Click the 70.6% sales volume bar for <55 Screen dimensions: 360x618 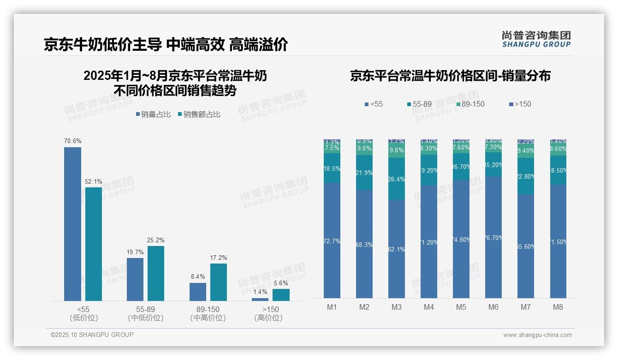(x=72, y=224)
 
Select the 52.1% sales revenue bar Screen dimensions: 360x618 (x=94, y=244)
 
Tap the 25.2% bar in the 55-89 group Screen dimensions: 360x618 (x=156, y=273)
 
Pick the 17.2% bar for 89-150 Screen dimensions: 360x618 (x=219, y=282)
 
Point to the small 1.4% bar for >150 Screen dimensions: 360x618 (x=260, y=300)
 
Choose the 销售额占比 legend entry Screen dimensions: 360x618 (x=199, y=114)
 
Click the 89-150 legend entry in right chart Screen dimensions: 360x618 (x=470, y=104)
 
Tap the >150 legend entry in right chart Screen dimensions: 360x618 (x=520, y=104)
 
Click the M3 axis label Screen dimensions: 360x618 (x=397, y=307)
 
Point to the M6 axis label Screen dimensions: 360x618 (x=493, y=307)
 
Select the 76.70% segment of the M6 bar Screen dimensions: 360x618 (x=493, y=237)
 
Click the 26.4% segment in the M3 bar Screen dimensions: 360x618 (x=397, y=179)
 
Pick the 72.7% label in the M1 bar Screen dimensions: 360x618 (x=332, y=241)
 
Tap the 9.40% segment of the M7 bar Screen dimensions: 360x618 (x=526, y=151)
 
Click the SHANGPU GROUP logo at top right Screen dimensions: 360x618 (x=536, y=39)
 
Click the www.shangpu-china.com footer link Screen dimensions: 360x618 (x=537, y=335)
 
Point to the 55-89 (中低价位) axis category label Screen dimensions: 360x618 (x=145, y=313)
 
